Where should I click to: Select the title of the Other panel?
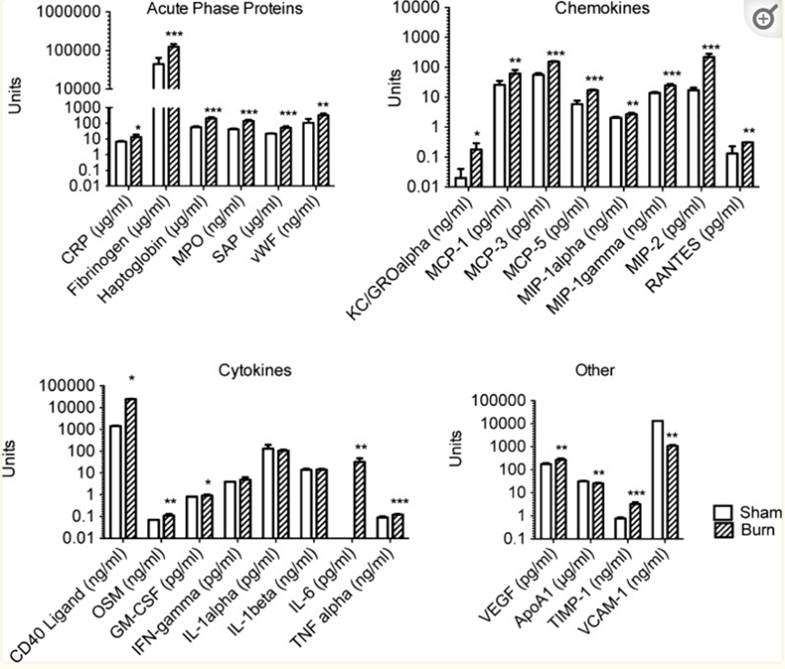tap(595, 369)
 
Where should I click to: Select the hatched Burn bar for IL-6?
tap(360, 499)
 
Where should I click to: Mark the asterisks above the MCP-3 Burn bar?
tap(555, 54)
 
